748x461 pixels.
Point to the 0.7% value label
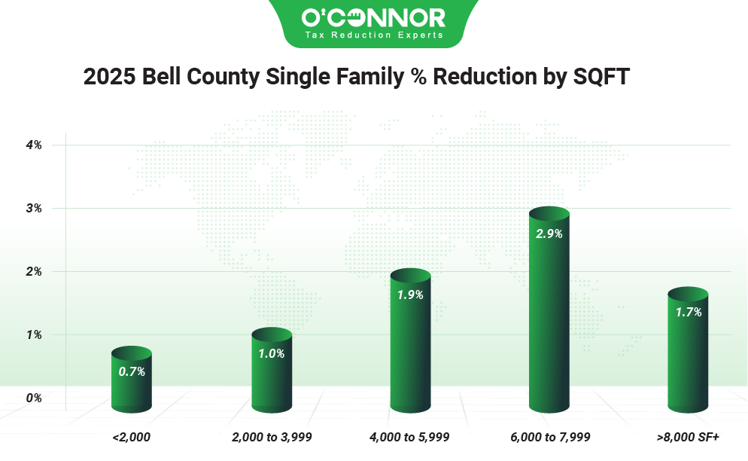tap(132, 371)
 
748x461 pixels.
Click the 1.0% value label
tap(272, 353)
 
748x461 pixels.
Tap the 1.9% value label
tap(410, 295)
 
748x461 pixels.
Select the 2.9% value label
tap(549, 234)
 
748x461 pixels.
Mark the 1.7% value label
tap(688, 312)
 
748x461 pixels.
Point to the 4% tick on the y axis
tap(34, 145)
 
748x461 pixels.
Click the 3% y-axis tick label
tap(34, 208)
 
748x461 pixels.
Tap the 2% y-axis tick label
tap(34, 271)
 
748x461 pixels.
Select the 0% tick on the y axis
tap(34, 398)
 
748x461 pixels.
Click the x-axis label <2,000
tap(131, 436)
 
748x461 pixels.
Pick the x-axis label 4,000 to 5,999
tap(410, 436)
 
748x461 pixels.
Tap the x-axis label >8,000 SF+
tap(688, 436)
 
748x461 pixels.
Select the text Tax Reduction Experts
tap(373, 35)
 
